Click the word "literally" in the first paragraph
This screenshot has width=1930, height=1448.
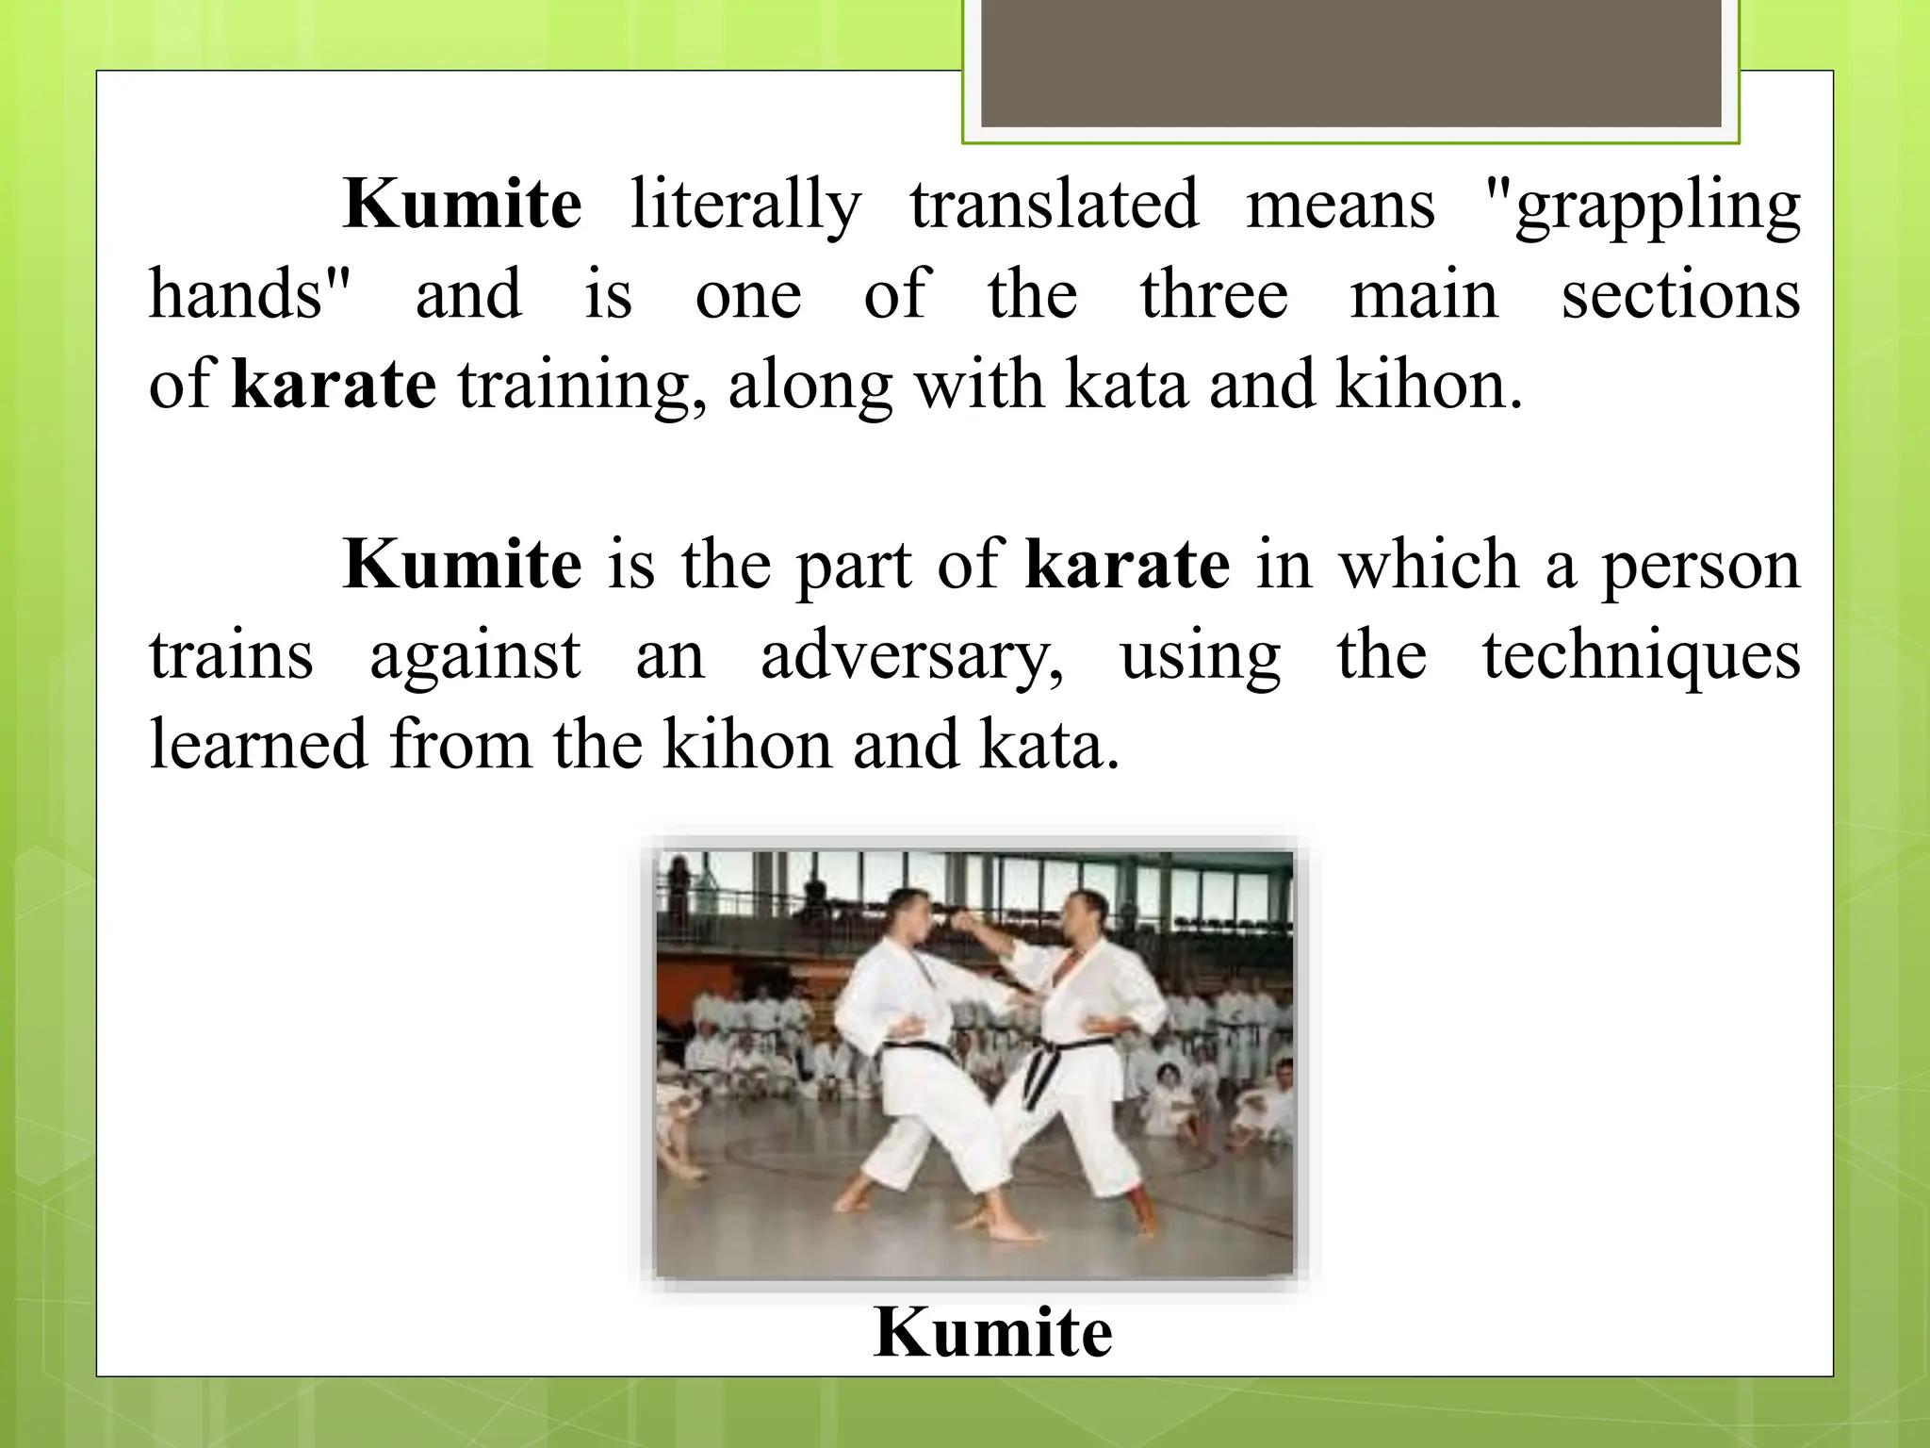tap(745, 205)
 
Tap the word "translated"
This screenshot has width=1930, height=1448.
tap(1054, 205)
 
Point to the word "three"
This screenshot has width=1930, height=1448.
tap(1214, 294)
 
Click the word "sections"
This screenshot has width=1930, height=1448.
tap(1680, 294)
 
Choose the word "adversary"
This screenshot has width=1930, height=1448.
tap(911, 656)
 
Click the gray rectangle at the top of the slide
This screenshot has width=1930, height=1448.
tap(1350, 62)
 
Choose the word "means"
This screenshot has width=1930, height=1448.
tap(1340, 205)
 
